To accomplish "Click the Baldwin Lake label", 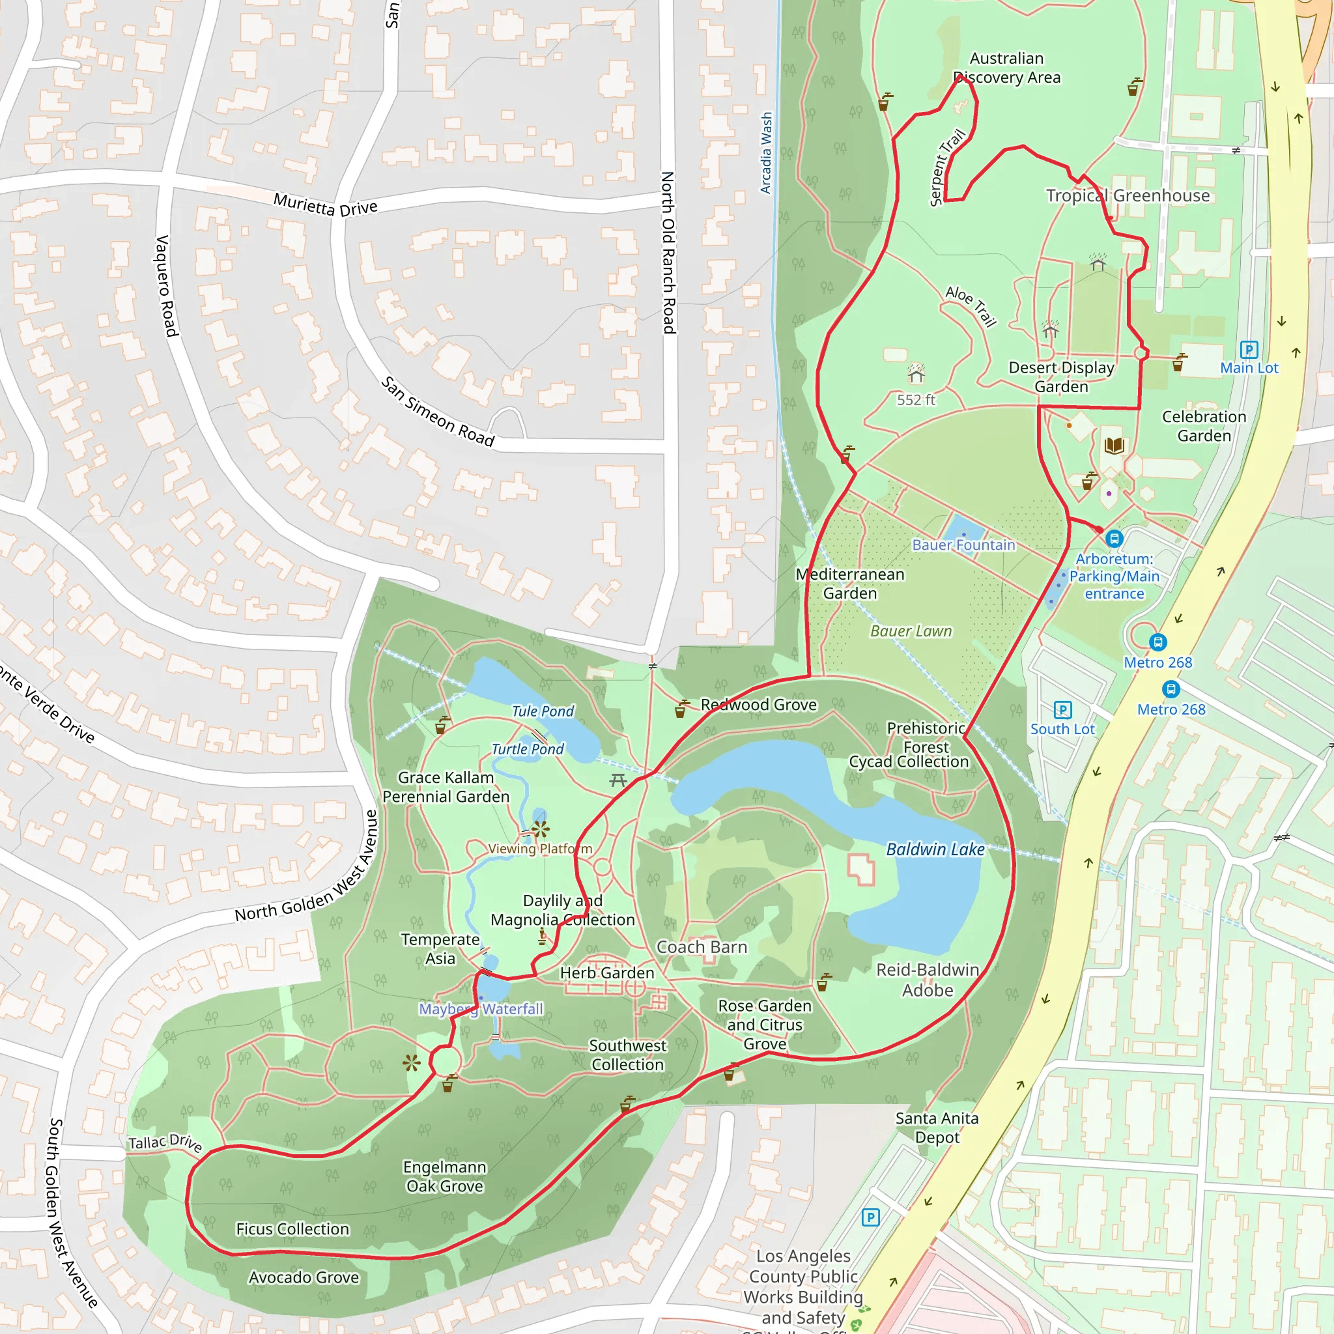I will [935, 849].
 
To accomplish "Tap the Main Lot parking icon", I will [1249, 349].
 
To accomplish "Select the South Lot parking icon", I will [1062, 710].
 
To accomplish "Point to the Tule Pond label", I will [543, 711].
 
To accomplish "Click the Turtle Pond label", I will [528, 749].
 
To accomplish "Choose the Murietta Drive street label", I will [325, 205].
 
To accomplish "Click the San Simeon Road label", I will [438, 412].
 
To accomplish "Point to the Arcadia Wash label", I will [766, 153].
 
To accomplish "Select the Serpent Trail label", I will [946, 168].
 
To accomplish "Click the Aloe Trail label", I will [971, 306].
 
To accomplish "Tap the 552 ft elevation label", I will [916, 400].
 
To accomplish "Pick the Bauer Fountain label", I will [963, 545].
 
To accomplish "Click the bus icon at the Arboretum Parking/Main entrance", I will [1114, 539].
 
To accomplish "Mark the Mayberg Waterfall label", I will [481, 1009].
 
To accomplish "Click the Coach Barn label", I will [702, 946].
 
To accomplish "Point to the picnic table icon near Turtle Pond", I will [617, 780].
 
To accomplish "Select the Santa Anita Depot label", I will [936, 1128].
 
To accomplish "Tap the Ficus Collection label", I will [292, 1228].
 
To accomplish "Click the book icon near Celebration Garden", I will [1114, 446].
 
